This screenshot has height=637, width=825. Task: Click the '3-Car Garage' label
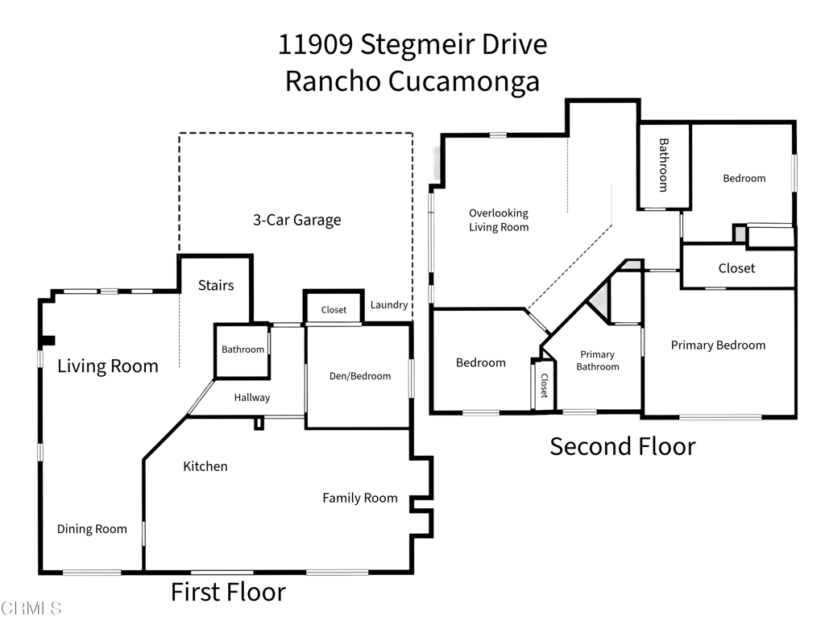[x=297, y=220]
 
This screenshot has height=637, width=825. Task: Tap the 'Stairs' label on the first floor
[x=216, y=285]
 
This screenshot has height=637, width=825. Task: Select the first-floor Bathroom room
[x=243, y=350]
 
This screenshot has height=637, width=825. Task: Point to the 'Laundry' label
[x=388, y=305]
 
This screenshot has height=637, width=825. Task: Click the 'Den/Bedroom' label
[x=360, y=376]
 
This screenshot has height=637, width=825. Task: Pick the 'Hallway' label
[x=252, y=397]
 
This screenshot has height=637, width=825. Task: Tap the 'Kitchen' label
[x=205, y=466]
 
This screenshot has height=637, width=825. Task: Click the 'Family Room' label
[x=360, y=498]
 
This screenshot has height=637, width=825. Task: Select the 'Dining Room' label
[x=92, y=529]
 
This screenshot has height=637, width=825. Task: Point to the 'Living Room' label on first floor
[x=108, y=366]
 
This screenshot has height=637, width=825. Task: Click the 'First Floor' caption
[x=228, y=593]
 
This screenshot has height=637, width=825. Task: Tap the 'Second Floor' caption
[x=623, y=446]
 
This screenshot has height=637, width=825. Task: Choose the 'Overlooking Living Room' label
[x=499, y=220]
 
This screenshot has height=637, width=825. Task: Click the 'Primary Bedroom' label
[x=718, y=345]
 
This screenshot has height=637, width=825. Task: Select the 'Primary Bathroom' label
[x=598, y=360]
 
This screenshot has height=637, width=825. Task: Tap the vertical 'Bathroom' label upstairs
[x=664, y=165]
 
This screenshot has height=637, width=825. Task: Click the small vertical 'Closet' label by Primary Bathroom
[x=544, y=386]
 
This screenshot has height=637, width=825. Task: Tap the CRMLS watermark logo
[x=32, y=608]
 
